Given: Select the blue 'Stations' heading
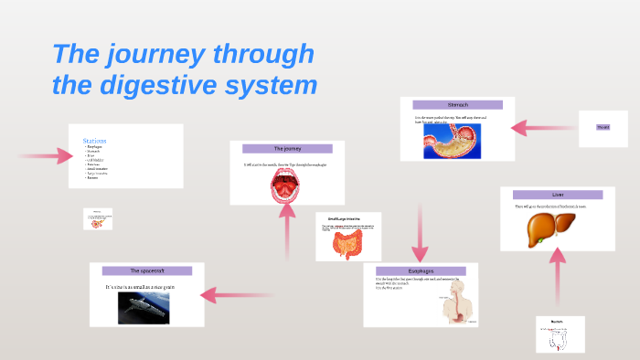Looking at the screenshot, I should (x=95, y=140).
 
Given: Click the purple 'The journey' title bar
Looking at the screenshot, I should (x=286, y=148).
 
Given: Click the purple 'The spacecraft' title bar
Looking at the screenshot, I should (x=146, y=270).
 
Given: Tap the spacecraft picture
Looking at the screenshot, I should (x=144, y=306).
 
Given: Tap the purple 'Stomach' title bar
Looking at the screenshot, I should (x=457, y=104).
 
